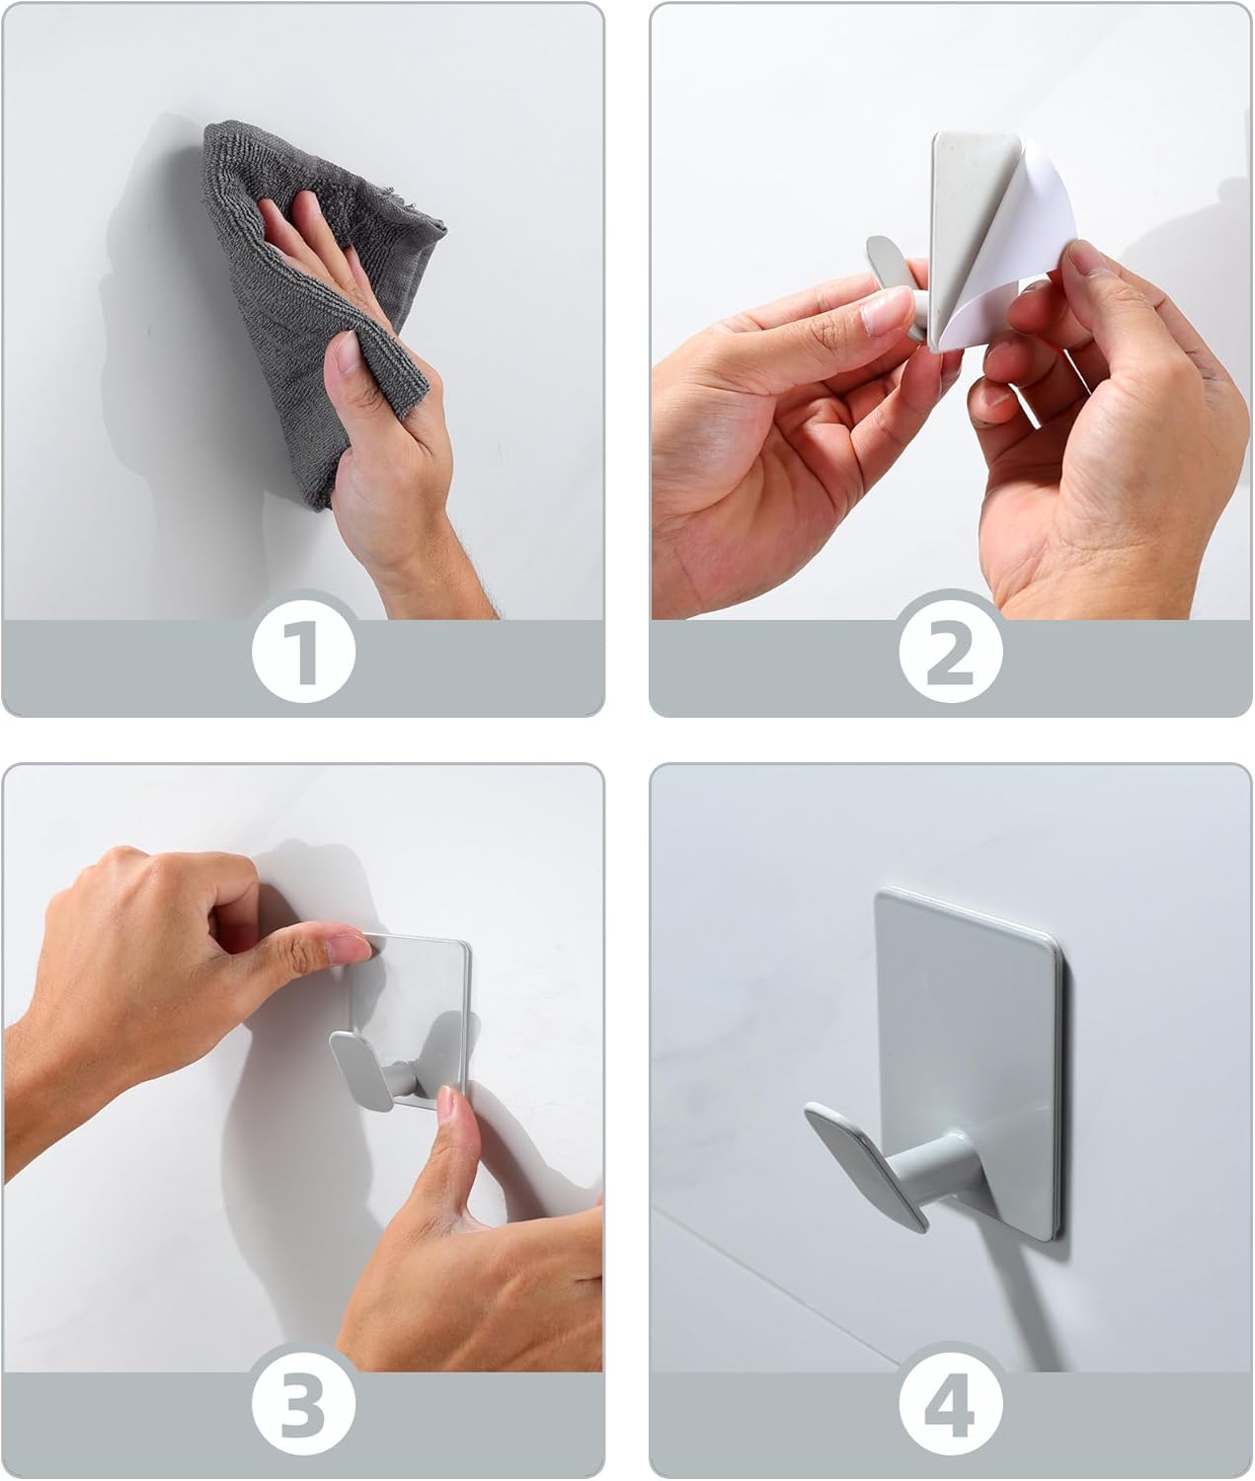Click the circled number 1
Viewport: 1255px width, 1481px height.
303,653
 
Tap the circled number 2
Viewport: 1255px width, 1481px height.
950,653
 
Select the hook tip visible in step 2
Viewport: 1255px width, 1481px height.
884,262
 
